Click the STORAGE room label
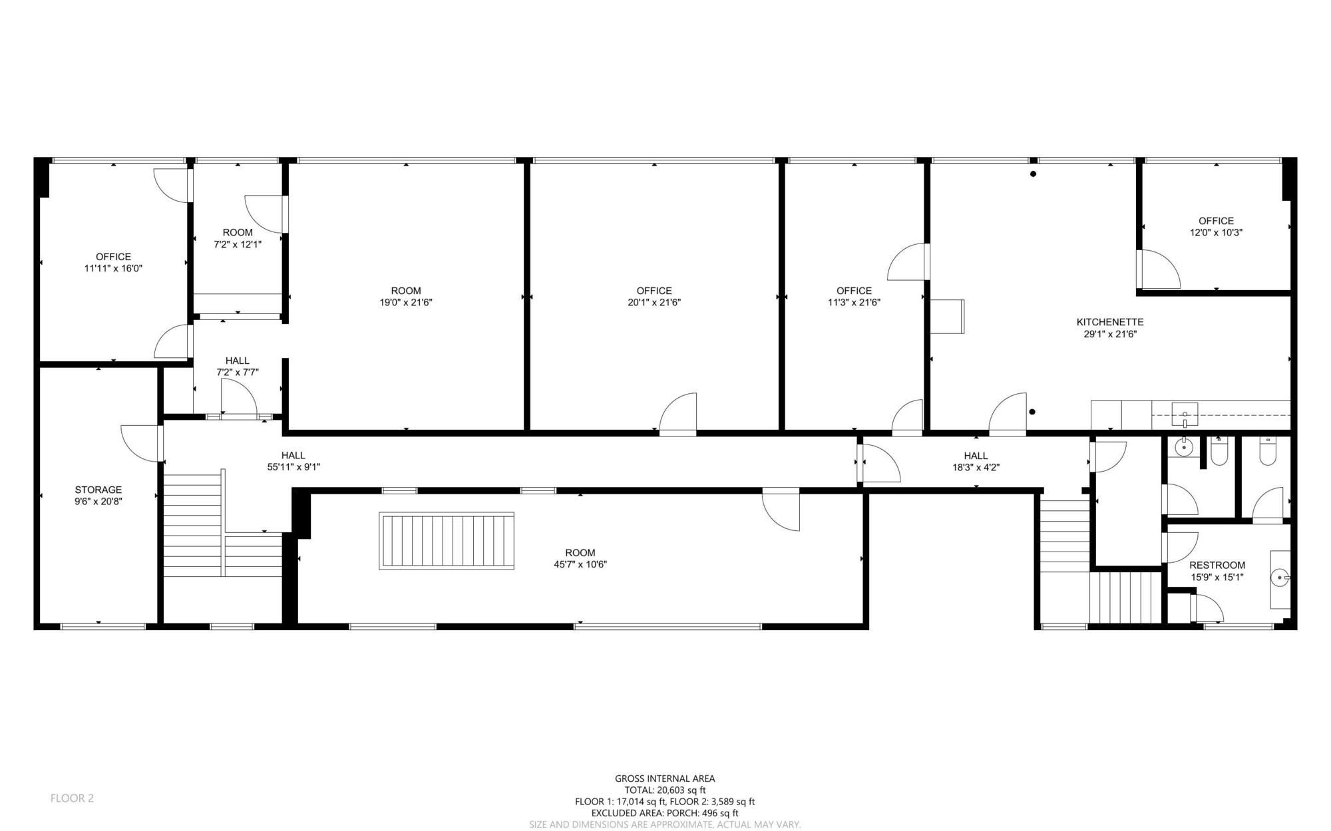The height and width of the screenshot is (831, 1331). (x=98, y=490)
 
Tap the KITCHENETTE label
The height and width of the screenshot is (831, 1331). (x=1110, y=322)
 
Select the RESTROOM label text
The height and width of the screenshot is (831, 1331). (x=1217, y=566)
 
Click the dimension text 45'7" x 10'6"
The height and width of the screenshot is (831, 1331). (x=580, y=564)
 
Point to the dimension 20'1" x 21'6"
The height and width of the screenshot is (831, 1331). (x=654, y=302)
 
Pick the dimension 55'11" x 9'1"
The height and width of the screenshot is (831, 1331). (x=293, y=467)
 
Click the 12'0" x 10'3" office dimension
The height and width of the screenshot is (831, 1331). (x=1217, y=233)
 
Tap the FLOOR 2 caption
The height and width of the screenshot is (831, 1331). (x=72, y=798)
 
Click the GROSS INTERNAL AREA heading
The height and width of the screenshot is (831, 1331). (x=665, y=778)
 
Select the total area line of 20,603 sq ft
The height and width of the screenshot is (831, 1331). (x=665, y=790)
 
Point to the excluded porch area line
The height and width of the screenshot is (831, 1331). (x=665, y=813)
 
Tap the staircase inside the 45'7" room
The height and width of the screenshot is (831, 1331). (x=447, y=541)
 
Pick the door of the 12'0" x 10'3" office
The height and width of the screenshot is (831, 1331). (x=1159, y=269)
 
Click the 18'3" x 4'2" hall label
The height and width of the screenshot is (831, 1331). (x=976, y=461)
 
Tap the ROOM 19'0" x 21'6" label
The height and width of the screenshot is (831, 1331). (x=406, y=296)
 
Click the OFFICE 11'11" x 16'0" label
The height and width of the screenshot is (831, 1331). (x=113, y=262)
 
